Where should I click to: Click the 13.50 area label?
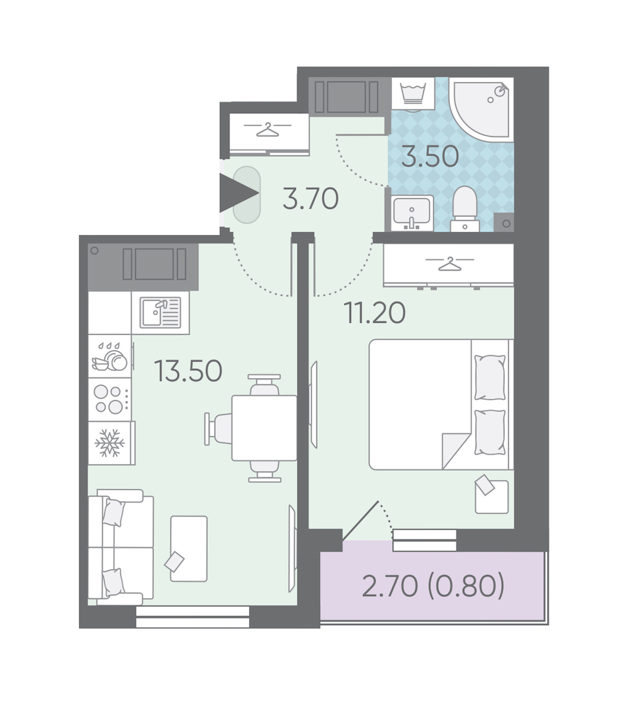point(188,371)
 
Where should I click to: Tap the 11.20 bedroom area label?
point(374,313)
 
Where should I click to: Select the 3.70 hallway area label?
point(311,199)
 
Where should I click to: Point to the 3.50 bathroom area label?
point(430,156)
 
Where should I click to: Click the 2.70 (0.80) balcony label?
point(433,586)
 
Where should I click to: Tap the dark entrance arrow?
point(239,193)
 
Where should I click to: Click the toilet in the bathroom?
point(464,210)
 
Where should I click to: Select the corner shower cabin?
point(481,108)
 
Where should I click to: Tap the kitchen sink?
point(160,312)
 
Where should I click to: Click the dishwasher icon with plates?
point(110,356)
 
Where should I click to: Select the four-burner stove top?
point(109,399)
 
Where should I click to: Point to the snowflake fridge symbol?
point(109,443)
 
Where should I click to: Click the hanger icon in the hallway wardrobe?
point(268,130)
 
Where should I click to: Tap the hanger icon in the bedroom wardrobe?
point(449,263)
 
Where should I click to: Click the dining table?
point(264,428)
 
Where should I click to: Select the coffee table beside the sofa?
point(189,549)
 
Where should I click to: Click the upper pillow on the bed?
point(490,377)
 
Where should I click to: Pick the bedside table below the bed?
point(492,497)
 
